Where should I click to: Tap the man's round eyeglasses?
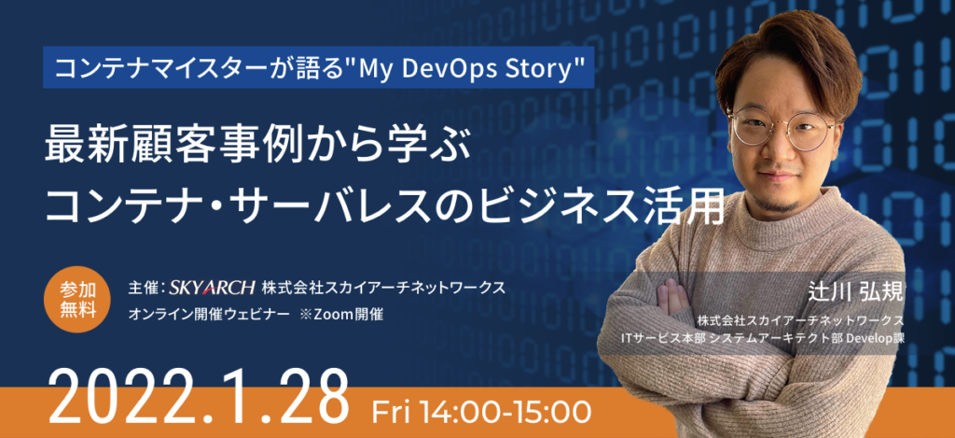tap(782, 126)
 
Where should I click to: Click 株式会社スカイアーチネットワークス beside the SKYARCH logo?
tap(384, 287)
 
